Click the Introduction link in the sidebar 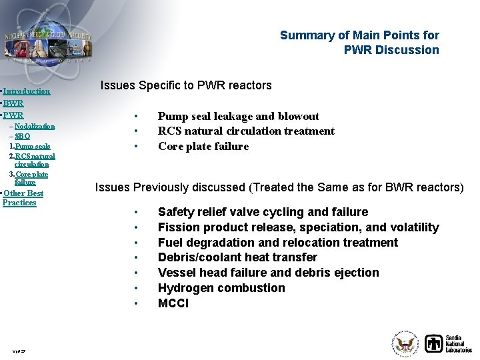(x=27, y=91)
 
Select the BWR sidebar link (x=13, y=103)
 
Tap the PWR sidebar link (x=13, y=115)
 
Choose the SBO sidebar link (x=22, y=136)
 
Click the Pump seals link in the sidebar (x=33, y=146)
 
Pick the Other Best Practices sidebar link (x=23, y=198)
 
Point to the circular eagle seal (x=405, y=344)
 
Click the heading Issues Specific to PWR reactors (x=186, y=85)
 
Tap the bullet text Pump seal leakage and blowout (x=238, y=116)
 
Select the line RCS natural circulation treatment (x=246, y=131)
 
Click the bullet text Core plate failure (x=203, y=147)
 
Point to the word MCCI (x=173, y=303)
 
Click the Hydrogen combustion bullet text (x=221, y=288)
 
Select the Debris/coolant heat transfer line (x=237, y=257)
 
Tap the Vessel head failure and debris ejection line (x=268, y=273)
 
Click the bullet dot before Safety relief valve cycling (x=135, y=213)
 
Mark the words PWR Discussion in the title (x=391, y=50)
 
